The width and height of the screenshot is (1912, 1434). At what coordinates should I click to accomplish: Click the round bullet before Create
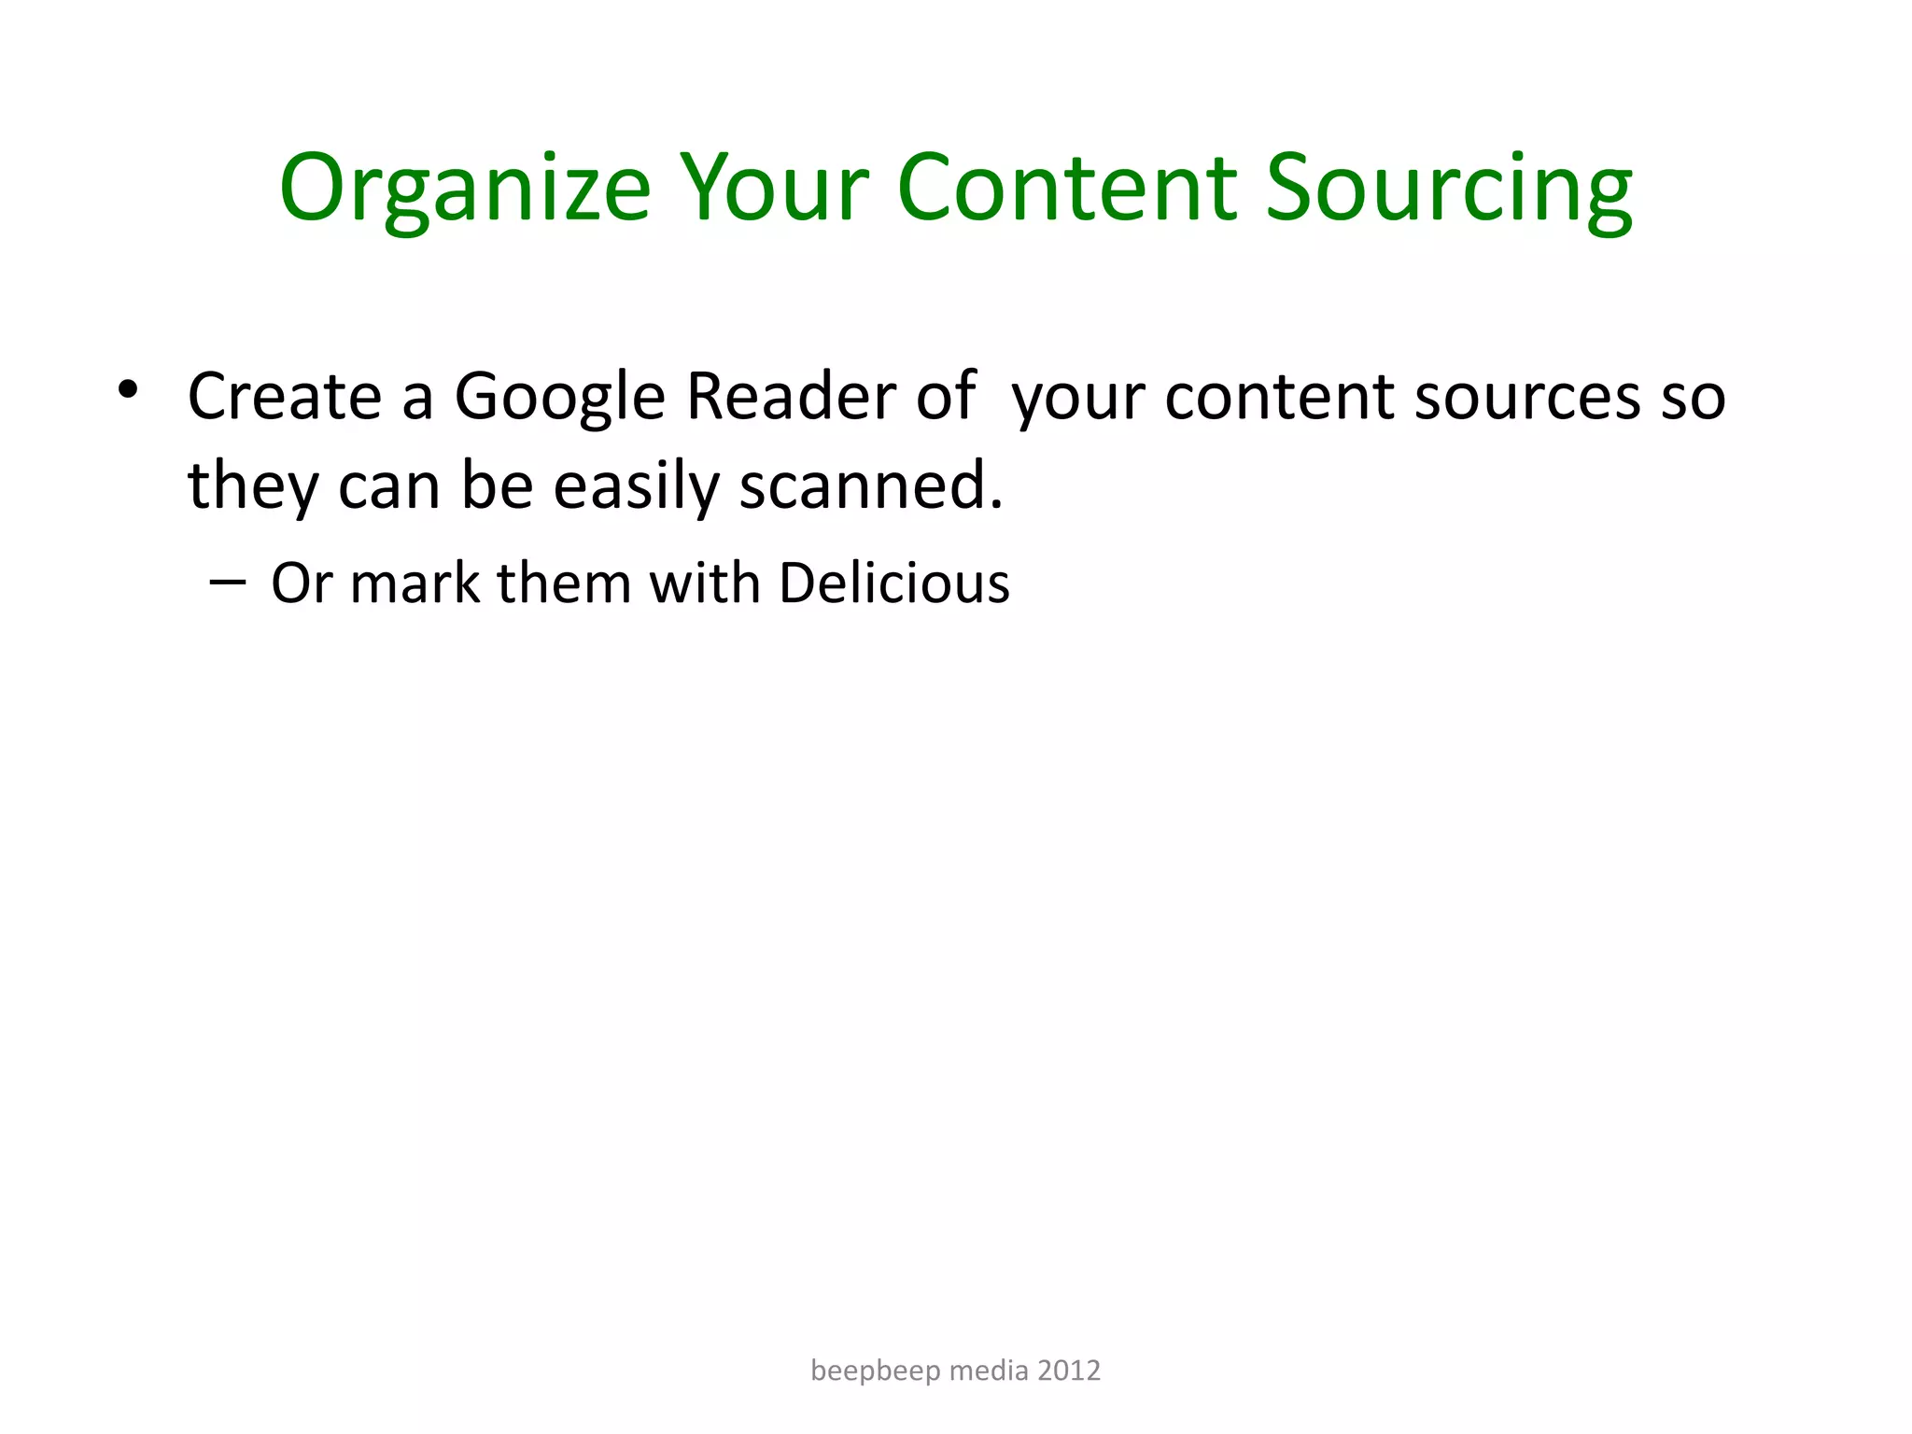128,388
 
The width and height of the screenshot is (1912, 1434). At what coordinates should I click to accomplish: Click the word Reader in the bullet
790,397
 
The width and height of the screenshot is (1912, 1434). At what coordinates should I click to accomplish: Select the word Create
285,397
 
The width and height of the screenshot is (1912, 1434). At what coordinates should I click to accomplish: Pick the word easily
636,487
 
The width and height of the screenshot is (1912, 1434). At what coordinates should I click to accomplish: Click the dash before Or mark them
228,583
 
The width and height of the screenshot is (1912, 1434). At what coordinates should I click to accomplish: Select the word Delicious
893,583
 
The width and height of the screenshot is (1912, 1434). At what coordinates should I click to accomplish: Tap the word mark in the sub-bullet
414,583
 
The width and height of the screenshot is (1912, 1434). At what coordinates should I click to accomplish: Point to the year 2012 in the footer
1069,1371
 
